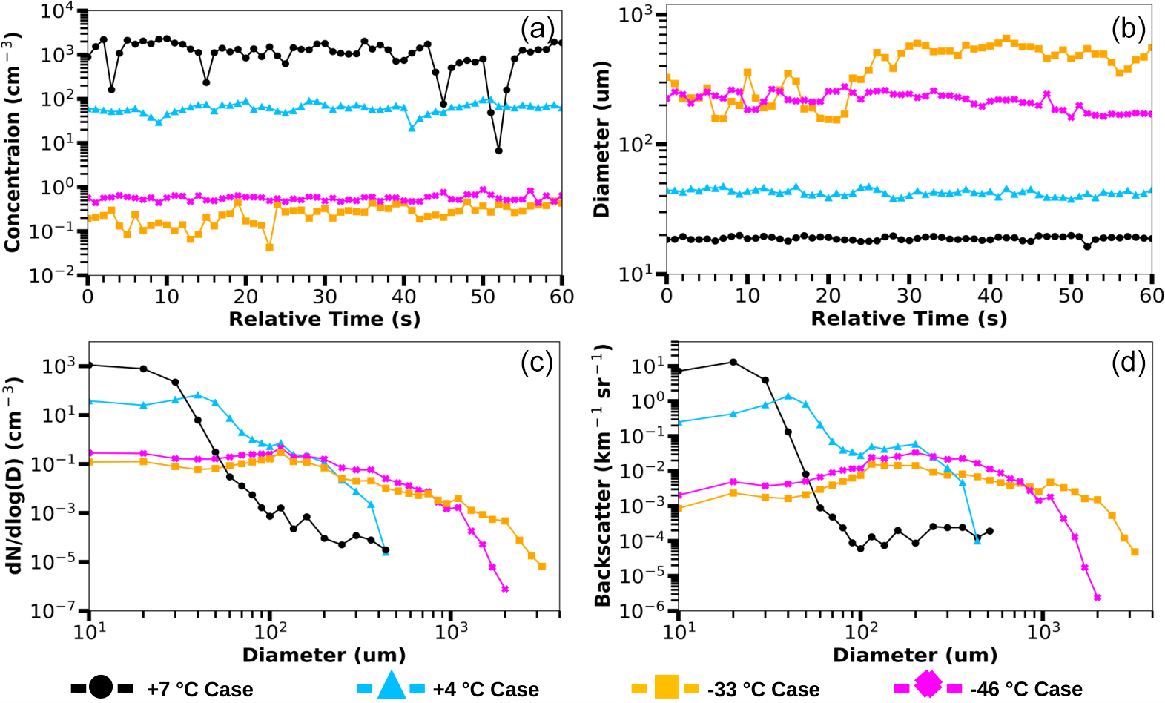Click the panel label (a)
[x=537, y=30]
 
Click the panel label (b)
[x=1128, y=30]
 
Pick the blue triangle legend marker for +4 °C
[x=391, y=686]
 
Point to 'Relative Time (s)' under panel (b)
[x=908, y=319]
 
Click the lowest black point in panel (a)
[x=498, y=151]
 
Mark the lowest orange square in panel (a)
[x=269, y=247]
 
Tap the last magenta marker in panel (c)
[x=505, y=589]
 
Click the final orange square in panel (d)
[x=1135, y=552]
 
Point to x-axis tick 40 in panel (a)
[x=403, y=297]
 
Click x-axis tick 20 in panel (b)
[x=828, y=296]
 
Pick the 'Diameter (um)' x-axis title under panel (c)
[x=324, y=656]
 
